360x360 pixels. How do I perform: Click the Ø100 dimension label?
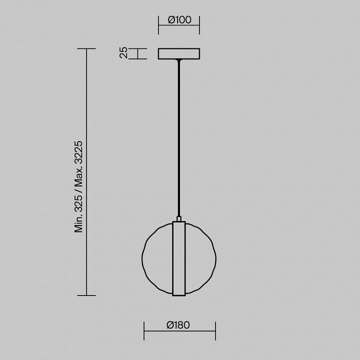point(179,19)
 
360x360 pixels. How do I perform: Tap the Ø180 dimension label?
point(178,325)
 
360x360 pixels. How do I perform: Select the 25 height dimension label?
point(123,52)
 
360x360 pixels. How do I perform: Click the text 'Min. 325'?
point(78,214)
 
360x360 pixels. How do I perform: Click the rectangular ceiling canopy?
point(179,53)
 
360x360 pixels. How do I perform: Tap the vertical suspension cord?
point(179,138)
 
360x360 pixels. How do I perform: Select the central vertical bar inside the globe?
point(179,258)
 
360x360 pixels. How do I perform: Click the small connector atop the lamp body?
point(179,218)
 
